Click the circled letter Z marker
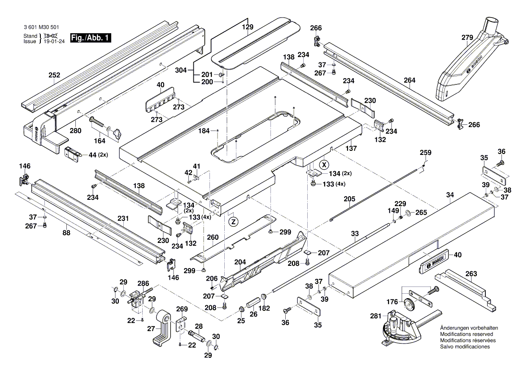pos(232,221)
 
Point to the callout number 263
pos(471,273)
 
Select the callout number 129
pos(248,27)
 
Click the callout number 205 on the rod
pos(349,198)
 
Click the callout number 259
pos(425,153)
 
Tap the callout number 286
pos(143,283)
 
